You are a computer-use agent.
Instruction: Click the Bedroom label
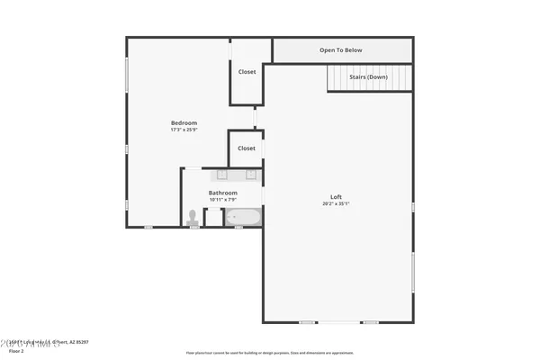click(x=184, y=122)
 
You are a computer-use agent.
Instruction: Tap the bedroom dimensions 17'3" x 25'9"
click(x=184, y=130)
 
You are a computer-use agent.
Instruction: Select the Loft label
click(x=336, y=197)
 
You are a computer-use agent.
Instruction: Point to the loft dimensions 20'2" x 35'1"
click(x=336, y=204)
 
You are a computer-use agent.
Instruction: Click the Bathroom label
click(x=223, y=193)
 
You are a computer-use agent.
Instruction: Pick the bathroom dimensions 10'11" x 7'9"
click(x=223, y=200)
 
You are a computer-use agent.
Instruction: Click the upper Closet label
click(x=247, y=72)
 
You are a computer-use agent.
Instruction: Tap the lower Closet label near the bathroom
click(x=247, y=148)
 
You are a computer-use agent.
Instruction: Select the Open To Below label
click(x=341, y=50)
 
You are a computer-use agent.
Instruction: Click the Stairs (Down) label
click(x=368, y=77)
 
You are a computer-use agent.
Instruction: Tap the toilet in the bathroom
click(x=192, y=217)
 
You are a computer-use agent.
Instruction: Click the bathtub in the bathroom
click(x=242, y=217)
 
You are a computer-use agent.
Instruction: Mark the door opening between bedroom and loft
click(x=256, y=118)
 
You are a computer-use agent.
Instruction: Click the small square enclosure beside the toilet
click(x=212, y=217)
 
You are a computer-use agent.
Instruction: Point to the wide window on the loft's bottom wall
click(x=338, y=322)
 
